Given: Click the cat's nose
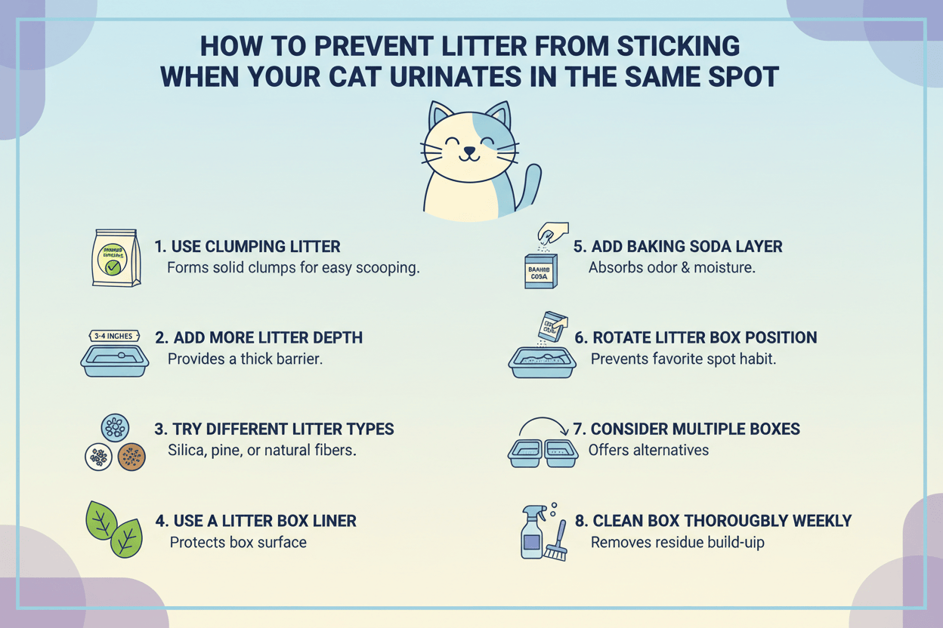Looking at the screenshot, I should click(x=470, y=149).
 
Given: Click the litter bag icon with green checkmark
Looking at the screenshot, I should click(x=116, y=258).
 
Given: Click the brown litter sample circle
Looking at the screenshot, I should click(x=131, y=457).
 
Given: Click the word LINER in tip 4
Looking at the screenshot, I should click(x=325, y=521).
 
